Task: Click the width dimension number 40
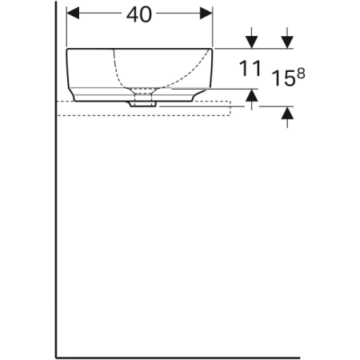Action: coord(140,14)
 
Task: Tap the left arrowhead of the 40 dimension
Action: coord(71,14)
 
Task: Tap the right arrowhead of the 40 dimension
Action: coord(208,14)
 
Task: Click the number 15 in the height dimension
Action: coord(281,79)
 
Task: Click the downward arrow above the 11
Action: coord(252,39)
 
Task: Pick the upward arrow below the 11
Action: coord(252,98)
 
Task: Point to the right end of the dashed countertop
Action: coord(230,108)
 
